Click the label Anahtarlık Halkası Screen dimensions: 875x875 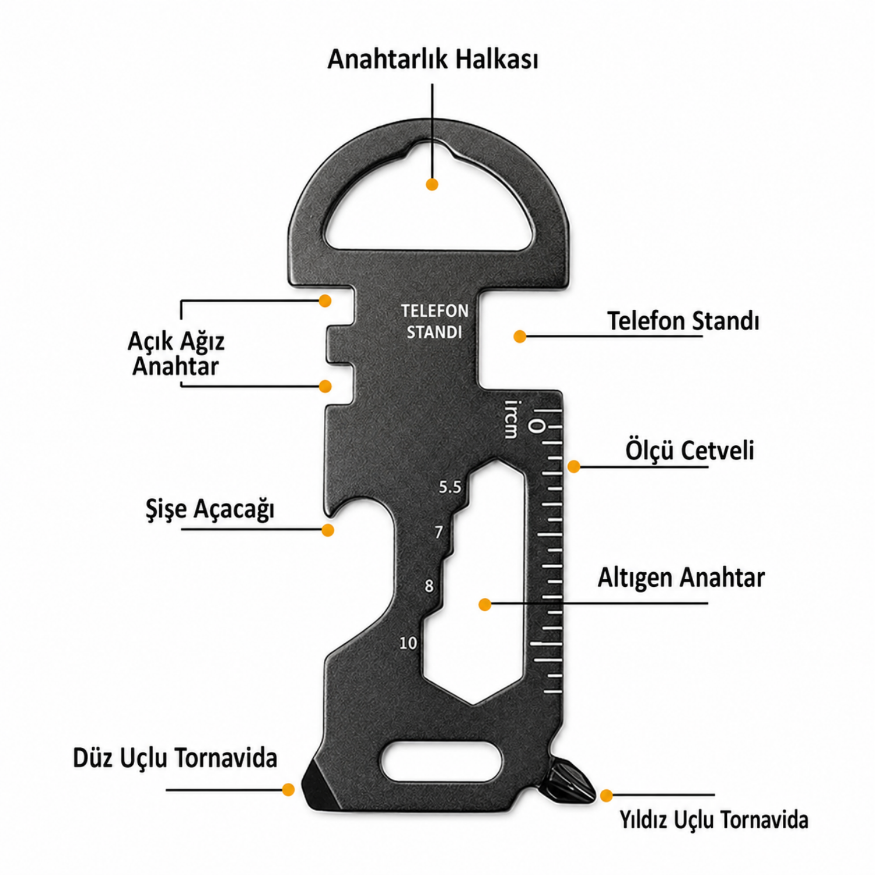pos(432,59)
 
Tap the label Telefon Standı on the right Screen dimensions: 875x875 pos(683,321)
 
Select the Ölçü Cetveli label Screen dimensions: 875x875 pos(689,450)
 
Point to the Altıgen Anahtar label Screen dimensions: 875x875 pos(681,577)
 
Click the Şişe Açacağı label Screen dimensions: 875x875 pos(210,509)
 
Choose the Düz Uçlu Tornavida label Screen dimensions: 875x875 pos(175,758)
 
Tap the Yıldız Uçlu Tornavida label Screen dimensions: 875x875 pos(713,820)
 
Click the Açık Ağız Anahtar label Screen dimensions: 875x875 pos(176,353)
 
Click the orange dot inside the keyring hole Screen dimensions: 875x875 pos(432,184)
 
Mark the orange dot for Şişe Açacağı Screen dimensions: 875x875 pos(328,530)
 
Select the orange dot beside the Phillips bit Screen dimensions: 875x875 pos(607,795)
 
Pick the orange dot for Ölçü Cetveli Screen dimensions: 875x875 pos(574,466)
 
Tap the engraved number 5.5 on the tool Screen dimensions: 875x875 pos(450,487)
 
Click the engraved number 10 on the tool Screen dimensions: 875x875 pos(408,643)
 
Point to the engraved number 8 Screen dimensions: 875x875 pos(429,586)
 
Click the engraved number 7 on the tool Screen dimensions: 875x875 pos(439,532)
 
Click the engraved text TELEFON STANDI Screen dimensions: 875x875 pos(435,321)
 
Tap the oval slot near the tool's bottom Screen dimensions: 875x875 pos(442,762)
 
